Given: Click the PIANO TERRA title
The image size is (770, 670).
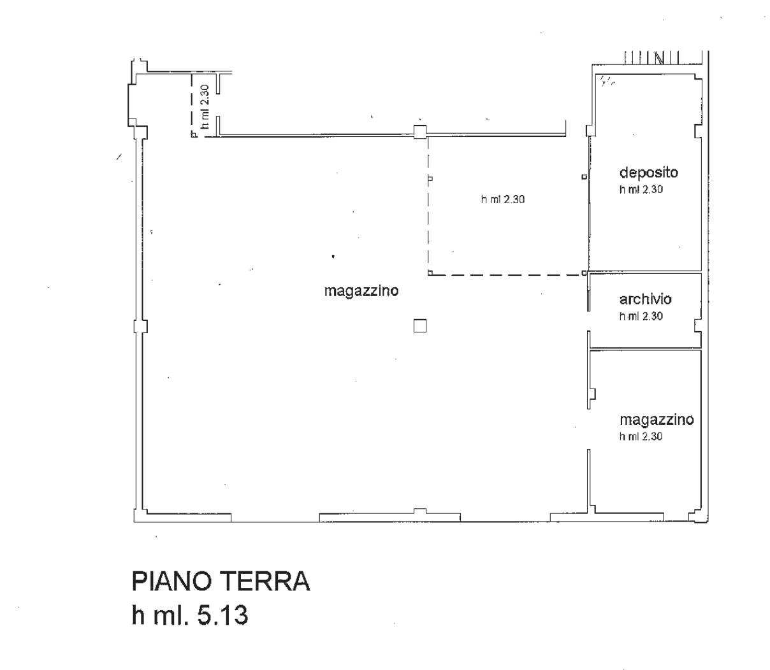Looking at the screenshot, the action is pyautogui.click(x=221, y=581).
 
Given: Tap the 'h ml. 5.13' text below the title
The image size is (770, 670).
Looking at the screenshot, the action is pyautogui.click(x=190, y=615).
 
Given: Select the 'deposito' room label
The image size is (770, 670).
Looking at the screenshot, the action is pyautogui.click(x=648, y=173).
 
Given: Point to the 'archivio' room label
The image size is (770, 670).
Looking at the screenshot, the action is pyautogui.click(x=645, y=299).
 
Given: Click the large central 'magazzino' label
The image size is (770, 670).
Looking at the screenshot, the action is pyautogui.click(x=361, y=291).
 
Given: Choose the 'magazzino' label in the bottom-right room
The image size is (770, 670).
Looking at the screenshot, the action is pyautogui.click(x=657, y=420).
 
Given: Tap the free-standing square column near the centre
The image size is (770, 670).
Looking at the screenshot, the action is pyautogui.click(x=419, y=325).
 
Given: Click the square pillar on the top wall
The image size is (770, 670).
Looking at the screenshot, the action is pyautogui.click(x=420, y=132).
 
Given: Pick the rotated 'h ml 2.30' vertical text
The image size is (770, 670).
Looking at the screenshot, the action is pyautogui.click(x=205, y=106).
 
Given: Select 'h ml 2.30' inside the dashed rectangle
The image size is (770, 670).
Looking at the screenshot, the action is pyautogui.click(x=502, y=199).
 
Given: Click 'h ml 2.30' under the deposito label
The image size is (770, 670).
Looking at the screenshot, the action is pyautogui.click(x=641, y=190).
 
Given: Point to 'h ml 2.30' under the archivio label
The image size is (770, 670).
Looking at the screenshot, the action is pyautogui.click(x=641, y=316).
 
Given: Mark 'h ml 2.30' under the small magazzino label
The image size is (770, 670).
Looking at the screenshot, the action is pyautogui.click(x=641, y=436).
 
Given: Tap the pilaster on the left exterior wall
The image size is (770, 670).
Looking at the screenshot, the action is pyautogui.click(x=140, y=326).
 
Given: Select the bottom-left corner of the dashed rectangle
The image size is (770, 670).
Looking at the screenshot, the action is pyautogui.click(x=428, y=275).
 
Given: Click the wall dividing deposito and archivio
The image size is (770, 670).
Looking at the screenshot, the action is pyautogui.click(x=646, y=272).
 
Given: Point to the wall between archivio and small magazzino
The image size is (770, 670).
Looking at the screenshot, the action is pyautogui.click(x=646, y=349).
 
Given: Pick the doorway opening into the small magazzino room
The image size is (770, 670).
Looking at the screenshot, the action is pyautogui.click(x=589, y=429).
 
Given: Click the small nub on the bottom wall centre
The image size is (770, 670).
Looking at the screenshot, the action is pyautogui.click(x=420, y=511).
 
